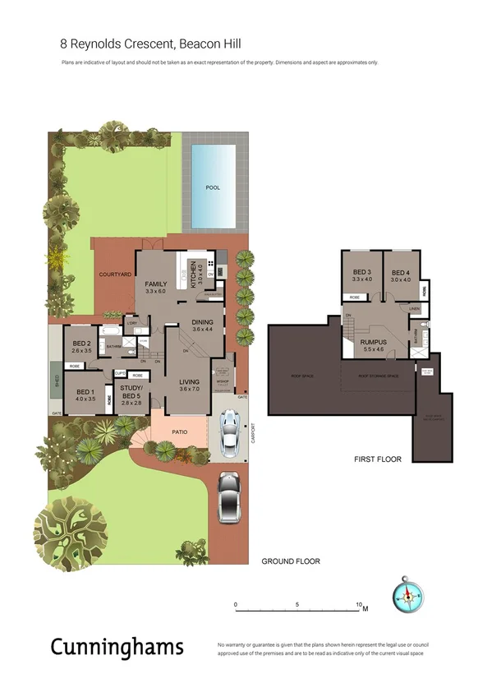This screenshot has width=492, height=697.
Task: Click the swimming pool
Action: (212, 187)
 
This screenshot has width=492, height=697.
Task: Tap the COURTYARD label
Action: (115, 275)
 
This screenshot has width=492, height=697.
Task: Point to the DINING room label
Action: (202, 322)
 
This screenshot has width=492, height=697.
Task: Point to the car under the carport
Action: (229, 433)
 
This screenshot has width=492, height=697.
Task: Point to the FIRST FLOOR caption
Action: (377, 459)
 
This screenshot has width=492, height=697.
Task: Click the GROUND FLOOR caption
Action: (291, 561)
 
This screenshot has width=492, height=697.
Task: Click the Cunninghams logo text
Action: (117, 647)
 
